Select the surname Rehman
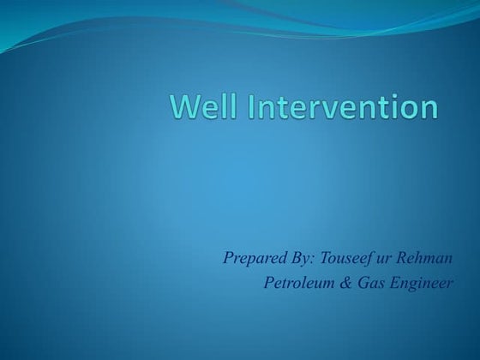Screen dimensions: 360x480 click(x=422, y=256)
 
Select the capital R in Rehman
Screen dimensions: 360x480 click(x=399, y=256)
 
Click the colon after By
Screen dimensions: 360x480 click(x=309, y=258)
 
